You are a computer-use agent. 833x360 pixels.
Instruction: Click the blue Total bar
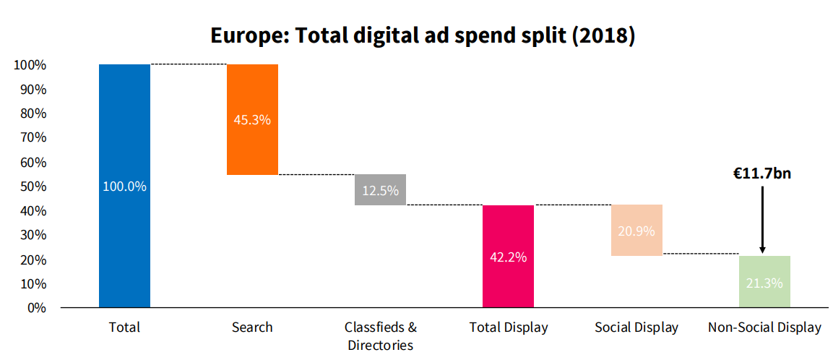pos(124,186)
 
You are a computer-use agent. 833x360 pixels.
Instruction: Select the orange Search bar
pos(252,119)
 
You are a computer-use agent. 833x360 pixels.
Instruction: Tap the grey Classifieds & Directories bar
pos(380,189)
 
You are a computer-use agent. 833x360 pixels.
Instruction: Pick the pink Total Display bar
pos(508,257)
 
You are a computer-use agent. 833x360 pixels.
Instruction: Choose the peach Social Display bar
pos(636,230)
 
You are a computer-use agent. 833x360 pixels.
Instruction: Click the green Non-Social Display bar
pos(764,282)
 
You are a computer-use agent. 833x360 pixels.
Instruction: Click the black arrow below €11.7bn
pos(763,220)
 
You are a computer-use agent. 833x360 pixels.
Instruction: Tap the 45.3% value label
pos(252,120)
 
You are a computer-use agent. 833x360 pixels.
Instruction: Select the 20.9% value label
pos(636,231)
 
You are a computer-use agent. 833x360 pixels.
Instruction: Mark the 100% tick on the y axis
pos(30,65)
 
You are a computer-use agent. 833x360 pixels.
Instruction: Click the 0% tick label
pos(35,308)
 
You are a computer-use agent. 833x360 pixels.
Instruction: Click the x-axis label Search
pos(252,327)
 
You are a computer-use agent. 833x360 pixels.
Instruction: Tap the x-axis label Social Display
pos(636,327)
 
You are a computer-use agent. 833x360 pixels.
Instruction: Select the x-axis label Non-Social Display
pos(764,327)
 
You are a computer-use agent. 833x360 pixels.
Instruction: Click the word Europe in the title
pos(242,35)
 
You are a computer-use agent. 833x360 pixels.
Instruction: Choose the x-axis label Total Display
pos(509,327)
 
